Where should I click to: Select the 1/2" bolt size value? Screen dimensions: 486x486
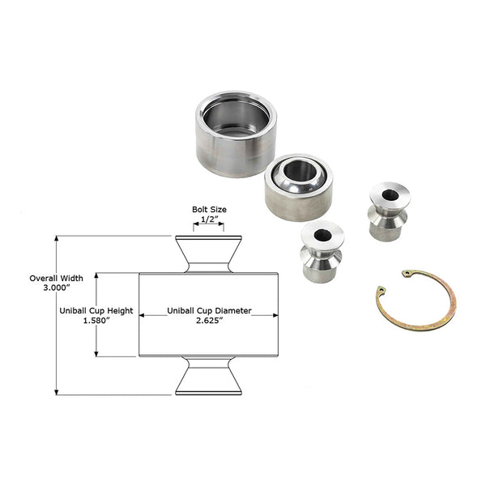click(x=208, y=220)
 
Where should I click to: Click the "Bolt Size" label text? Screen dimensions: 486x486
click(x=208, y=209)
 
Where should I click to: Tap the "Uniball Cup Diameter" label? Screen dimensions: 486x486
click(x=209, y=310)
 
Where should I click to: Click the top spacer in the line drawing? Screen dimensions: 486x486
click(x=208, y=254)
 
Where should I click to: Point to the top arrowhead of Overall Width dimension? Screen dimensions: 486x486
click(x=56, y=239)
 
